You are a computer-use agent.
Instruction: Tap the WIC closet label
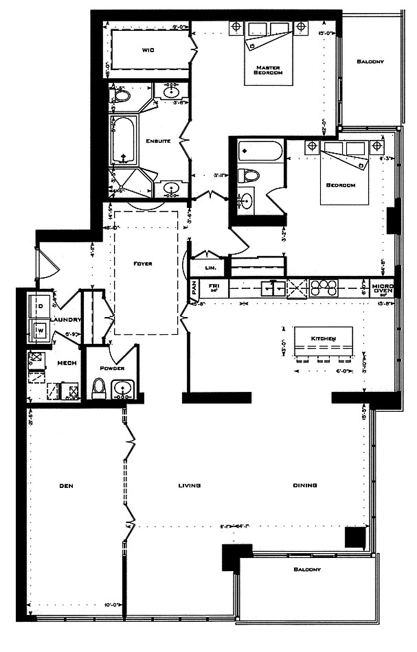click(x=147, y=50)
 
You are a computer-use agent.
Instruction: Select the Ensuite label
click(x=158, y=141)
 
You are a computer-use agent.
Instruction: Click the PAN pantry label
click(x=194, y=289)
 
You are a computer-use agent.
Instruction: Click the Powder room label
click(x=112, y=367)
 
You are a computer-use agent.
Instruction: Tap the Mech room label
click(x=67, y=363)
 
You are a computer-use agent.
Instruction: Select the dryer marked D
click(x=38, y=305)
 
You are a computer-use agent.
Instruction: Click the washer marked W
click(x=38, y=329)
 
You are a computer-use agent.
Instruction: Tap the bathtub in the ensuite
click(x=125, y=141)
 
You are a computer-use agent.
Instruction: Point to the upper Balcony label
click(x=370, y=62)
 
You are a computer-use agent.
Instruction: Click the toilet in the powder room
click(x=98, y=390)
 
